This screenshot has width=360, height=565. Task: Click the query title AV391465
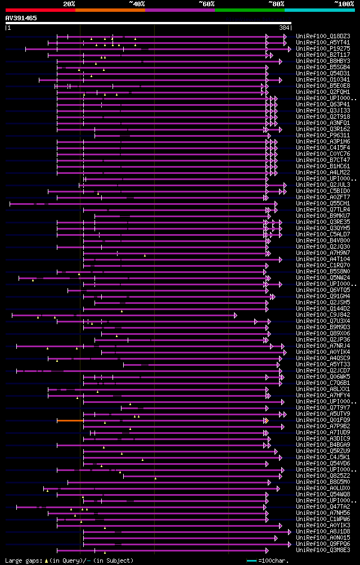21,18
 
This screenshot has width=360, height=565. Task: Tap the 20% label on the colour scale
69,3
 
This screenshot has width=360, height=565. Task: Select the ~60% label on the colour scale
206,3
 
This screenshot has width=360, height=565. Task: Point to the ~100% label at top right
344,3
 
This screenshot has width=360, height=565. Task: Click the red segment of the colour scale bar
40,10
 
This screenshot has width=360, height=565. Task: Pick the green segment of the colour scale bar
249,10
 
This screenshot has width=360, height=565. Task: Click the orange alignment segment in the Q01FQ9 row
70,420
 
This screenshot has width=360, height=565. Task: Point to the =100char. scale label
274,560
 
